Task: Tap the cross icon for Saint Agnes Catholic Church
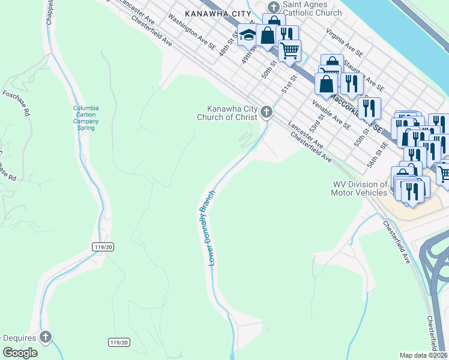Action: pos(274,8)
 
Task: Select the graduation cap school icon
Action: pos(247,35)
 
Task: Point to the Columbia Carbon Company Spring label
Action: pos(86,115)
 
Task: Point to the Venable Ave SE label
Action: pos(331,114)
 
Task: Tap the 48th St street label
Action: pos(225,46)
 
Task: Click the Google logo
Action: pos(20,353)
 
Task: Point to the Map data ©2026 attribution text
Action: pos(423,355)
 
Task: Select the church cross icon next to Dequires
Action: pos(46,337)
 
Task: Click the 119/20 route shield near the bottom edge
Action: pos(119,342)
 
